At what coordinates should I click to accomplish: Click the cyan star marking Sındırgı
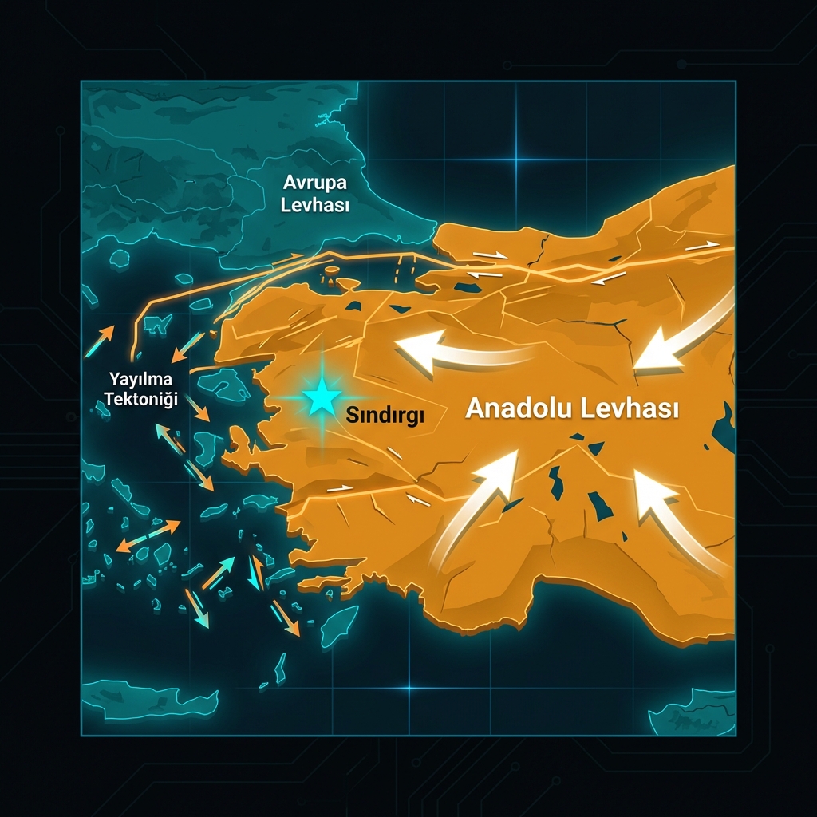(322, 397)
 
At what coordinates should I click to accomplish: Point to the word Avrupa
(315, 182)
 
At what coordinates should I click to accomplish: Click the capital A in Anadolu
(473, 410)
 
